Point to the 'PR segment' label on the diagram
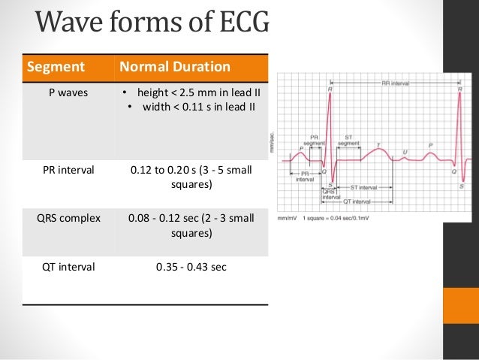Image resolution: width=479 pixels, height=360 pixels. tap(315, 141)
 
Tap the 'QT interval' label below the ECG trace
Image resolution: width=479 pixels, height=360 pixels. tap(357, 201)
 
